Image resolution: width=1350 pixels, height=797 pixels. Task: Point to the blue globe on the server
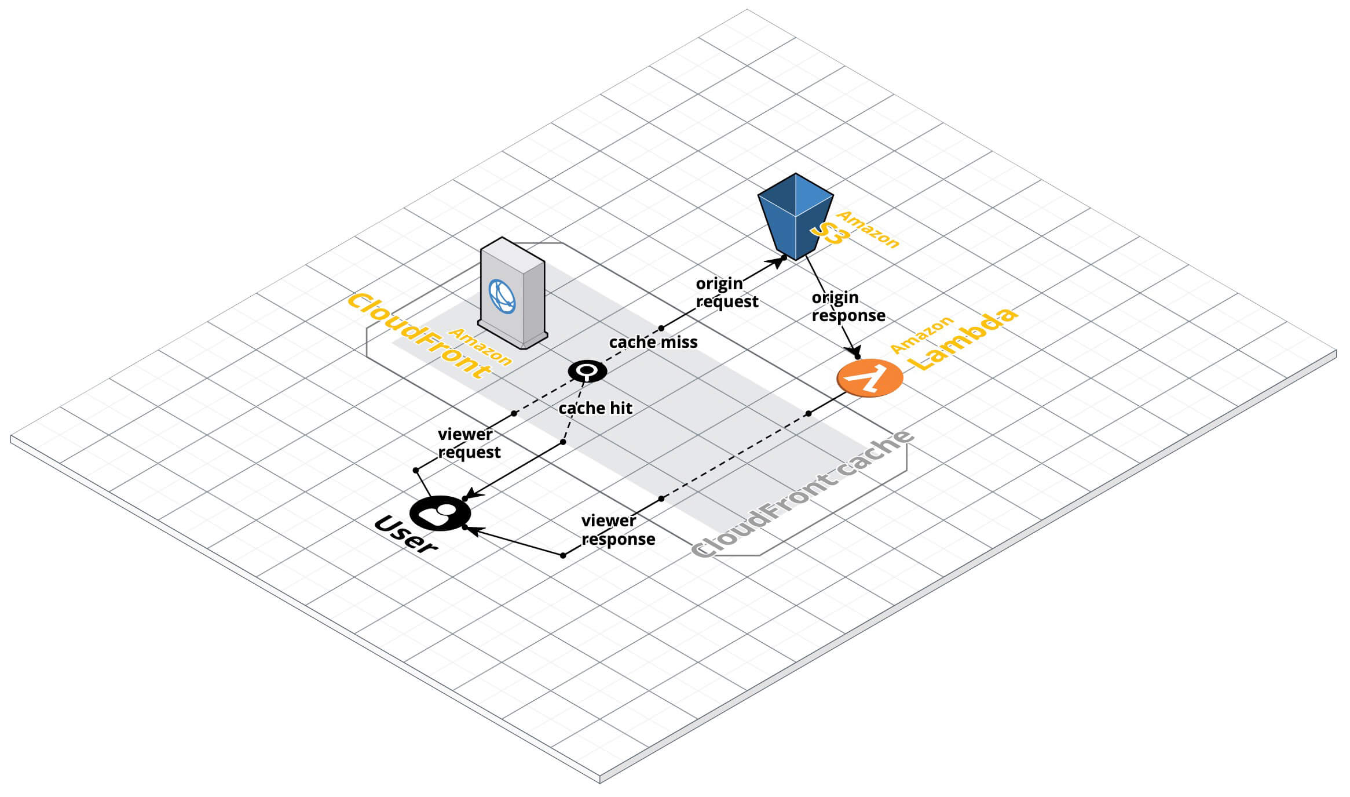[x=502, y=296]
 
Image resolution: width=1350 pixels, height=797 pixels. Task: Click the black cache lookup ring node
[x=587, y=370]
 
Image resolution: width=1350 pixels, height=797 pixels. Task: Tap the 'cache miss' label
[x=653, y=343]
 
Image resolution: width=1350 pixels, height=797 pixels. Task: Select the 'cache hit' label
[x=595, y=409]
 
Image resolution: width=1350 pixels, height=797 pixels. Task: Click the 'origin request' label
[x=726, y=293]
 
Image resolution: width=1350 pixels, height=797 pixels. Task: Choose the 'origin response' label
[x=848, y=307]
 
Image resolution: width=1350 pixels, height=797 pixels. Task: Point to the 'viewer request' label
[x=469, y=443]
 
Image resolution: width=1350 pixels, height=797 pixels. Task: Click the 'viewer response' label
[x=617, y=530]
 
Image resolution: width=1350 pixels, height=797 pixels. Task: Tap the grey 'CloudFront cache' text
[x=802, y=494]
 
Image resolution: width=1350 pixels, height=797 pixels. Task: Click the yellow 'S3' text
[x=829, y=233]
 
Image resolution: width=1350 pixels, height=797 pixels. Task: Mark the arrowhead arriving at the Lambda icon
[x=854, y=352]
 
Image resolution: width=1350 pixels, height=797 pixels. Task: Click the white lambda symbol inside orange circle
[x=869, y=377]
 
